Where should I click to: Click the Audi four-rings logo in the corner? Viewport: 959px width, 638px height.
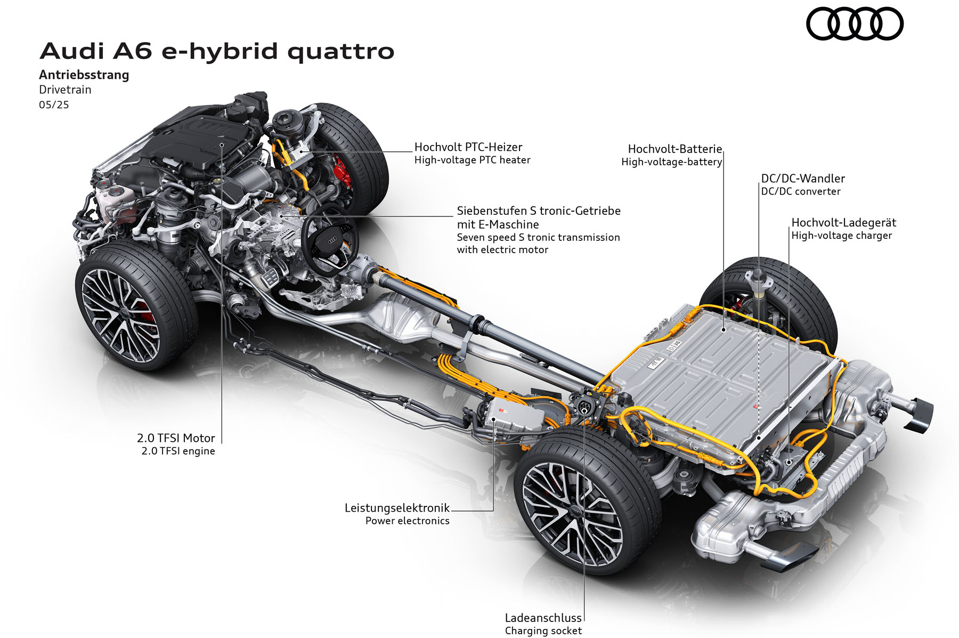click(855, 23)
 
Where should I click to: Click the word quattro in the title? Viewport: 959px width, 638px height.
click(341, 51)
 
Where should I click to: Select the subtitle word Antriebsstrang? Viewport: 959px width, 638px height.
click(84, 75)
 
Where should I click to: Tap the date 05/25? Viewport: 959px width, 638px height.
click(54, 104)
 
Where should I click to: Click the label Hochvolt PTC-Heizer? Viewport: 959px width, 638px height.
click(468, 147)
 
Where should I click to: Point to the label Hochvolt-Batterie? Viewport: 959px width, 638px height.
click(675, 149)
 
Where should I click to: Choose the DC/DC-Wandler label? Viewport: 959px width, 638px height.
click(803, 179)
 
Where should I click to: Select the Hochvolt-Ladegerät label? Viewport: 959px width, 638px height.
click(844, 223)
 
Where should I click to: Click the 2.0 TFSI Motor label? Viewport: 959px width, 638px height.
click(176, 438)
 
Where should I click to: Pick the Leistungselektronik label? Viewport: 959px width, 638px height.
click(397, 508)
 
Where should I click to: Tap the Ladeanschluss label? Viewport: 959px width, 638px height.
click(543, 618)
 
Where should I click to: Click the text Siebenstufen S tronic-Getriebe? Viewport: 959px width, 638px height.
click(539, 211)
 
